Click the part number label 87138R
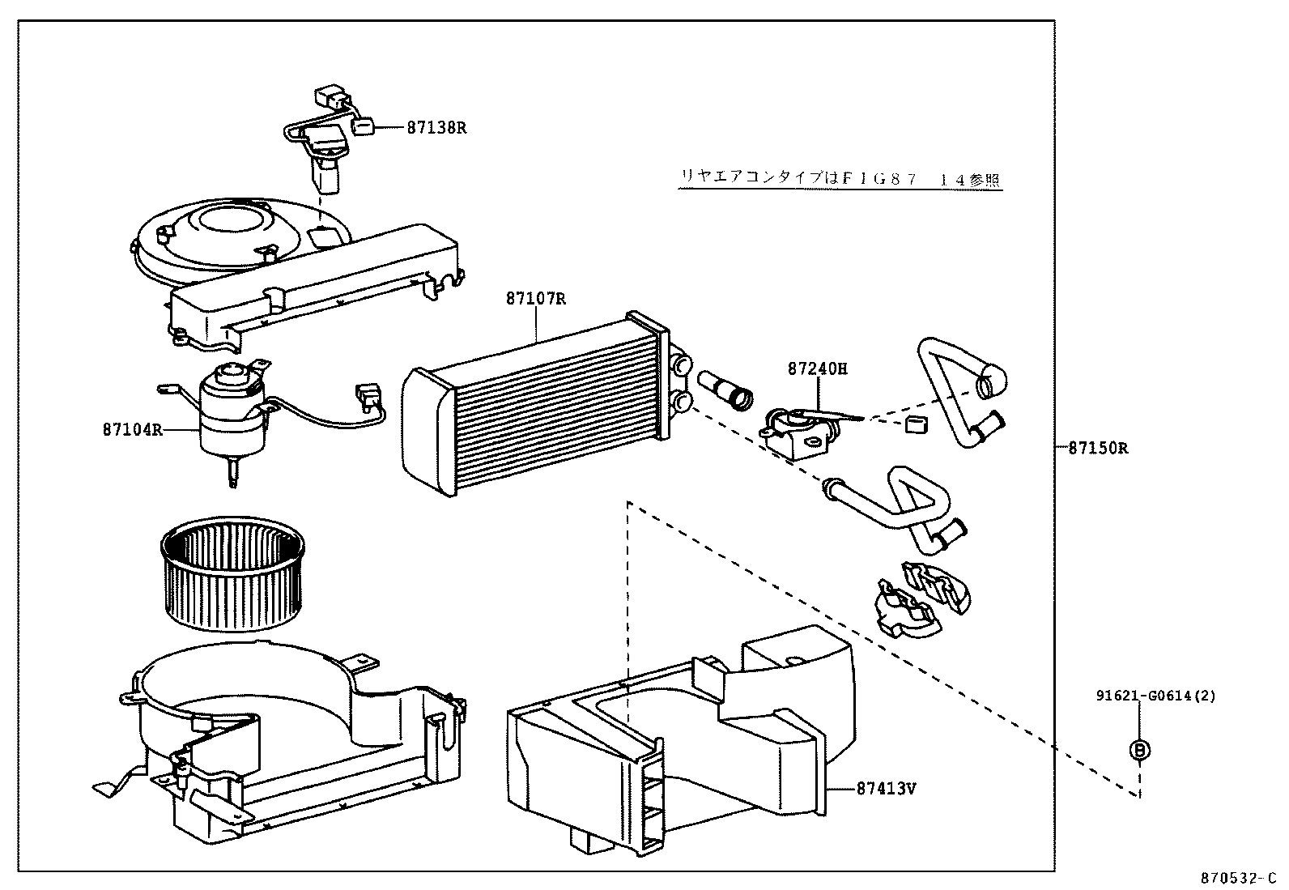(436, 127)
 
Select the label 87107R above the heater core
(535, 299)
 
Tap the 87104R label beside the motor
(132, 429)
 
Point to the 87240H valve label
(817, 368)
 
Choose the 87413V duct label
(886, 787)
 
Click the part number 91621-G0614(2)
(1155, 695)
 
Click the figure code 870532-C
(1237, 877)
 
